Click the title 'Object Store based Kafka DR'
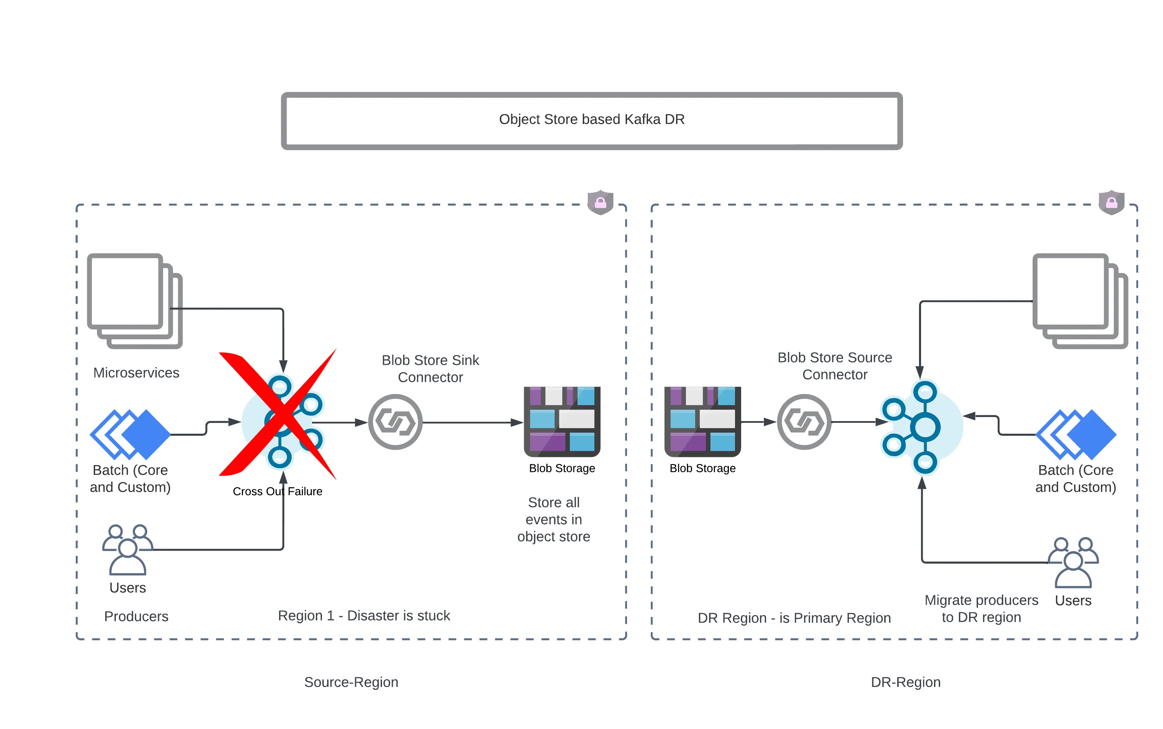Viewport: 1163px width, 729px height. click(591, 120)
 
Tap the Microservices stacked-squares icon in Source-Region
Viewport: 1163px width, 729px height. click(134, 300)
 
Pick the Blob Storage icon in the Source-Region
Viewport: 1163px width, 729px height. click(562, 421)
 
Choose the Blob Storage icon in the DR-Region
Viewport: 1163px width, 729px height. click(702, 421)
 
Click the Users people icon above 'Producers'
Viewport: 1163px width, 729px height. click(127, 550)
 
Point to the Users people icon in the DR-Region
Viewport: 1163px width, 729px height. click(1073, 562)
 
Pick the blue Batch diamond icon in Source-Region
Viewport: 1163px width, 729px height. click(130, 434)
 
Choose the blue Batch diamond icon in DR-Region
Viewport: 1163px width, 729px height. click(1075, 434)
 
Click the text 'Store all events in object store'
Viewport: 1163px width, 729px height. click(553, 519)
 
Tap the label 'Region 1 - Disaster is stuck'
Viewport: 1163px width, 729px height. click(364, 616)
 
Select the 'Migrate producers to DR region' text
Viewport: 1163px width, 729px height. click(981, 608)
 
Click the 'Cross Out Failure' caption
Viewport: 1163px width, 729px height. click(277, 491)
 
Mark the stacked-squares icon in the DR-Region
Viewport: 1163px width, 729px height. click(1080, 300)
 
